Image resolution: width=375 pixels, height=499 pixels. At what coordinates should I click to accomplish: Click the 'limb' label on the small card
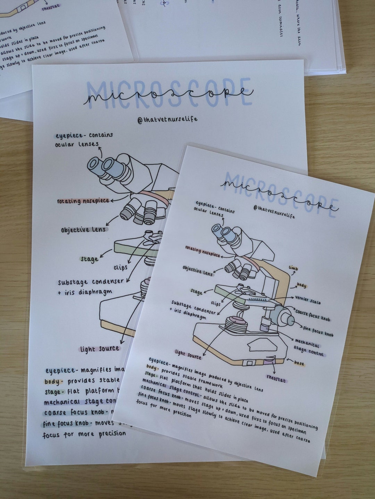click(x=293, y=268)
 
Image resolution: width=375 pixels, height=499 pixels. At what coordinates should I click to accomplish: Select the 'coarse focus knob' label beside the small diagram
click(x=312, y=315)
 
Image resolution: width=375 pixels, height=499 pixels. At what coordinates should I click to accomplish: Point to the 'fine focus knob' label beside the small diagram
click(x=318, y=331)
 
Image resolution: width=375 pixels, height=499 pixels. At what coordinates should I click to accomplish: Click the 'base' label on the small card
click(x=299, y=363)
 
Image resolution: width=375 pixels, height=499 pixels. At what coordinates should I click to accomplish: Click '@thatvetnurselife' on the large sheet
click(x=167, y=119)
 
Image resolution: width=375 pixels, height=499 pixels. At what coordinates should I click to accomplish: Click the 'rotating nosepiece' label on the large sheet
click(x=83, y=201)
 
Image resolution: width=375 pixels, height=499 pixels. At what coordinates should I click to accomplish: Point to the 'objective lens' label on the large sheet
click(x=83, y=230)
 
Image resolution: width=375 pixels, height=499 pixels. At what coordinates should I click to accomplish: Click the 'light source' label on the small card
click(x=188, y=354)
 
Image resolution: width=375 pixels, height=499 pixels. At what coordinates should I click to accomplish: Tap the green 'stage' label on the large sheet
click(x=89, y=259)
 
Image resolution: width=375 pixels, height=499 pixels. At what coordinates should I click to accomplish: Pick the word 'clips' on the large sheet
click(x=120, y=268)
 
